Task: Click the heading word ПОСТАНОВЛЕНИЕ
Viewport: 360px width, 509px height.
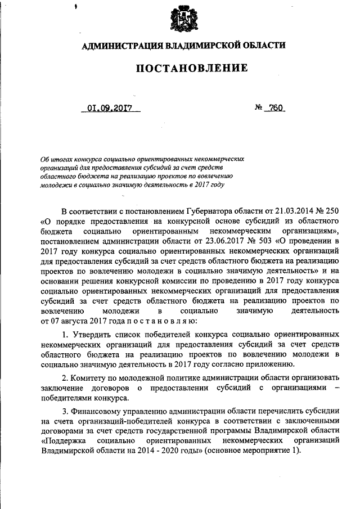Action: [x=182, y=69]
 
